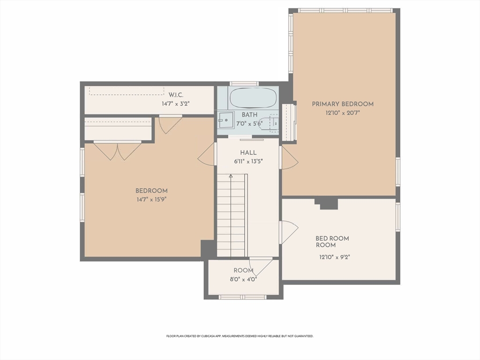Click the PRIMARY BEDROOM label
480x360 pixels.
click(343, 104)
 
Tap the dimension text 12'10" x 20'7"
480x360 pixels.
click(343, 113)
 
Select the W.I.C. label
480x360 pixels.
click(176, 95)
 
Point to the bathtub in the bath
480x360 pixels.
click(253, 98)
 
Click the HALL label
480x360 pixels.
click(248, 152)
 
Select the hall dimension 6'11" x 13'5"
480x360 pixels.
click(248, 161)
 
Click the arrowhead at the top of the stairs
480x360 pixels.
click(231, 176)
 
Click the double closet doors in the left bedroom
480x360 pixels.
click(118, 150)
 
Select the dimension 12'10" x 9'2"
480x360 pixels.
click(335, 257)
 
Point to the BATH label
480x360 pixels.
click(249, 115)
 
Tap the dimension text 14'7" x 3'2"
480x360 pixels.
click(176, 104)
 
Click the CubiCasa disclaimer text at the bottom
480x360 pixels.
click(240, 336)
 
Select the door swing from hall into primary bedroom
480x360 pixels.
click(290, 157)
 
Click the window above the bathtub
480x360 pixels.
click(244, 83)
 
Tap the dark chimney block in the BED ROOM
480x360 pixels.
click(326, 204)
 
